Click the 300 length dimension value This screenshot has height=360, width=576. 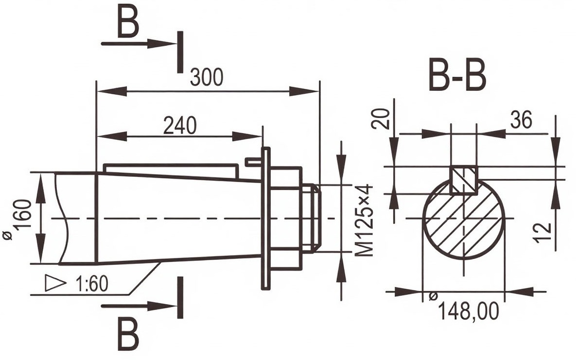click(207, 77)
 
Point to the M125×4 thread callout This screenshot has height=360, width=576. click(364, 221)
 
